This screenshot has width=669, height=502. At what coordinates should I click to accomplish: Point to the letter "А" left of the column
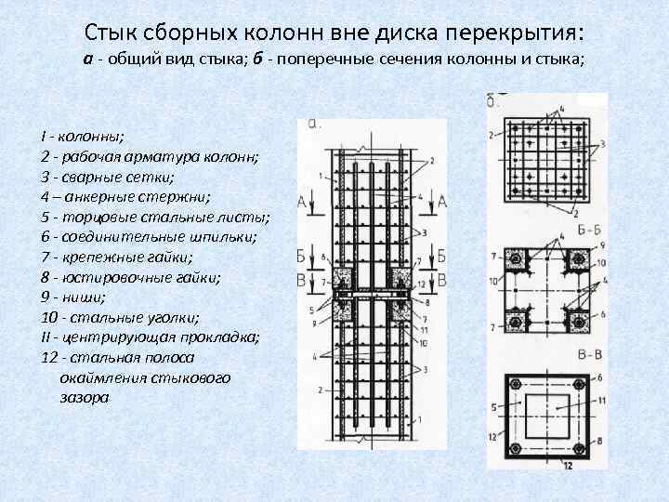tap(302, 200)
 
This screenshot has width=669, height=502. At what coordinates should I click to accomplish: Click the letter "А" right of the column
tap(442, 200)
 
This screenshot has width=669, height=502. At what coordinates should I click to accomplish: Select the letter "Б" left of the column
tap(302, 256)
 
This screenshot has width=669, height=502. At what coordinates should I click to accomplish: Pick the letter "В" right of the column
tap(442, 278)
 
